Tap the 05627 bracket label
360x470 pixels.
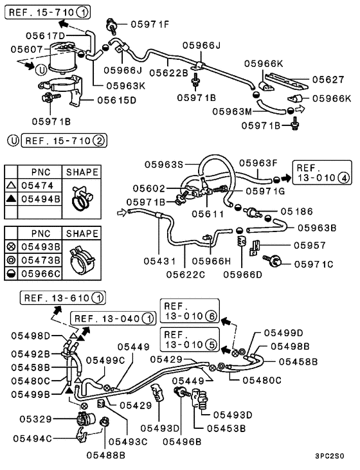click(329, 80)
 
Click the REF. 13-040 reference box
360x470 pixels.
click(113, 318)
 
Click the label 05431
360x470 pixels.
click(159, 262)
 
